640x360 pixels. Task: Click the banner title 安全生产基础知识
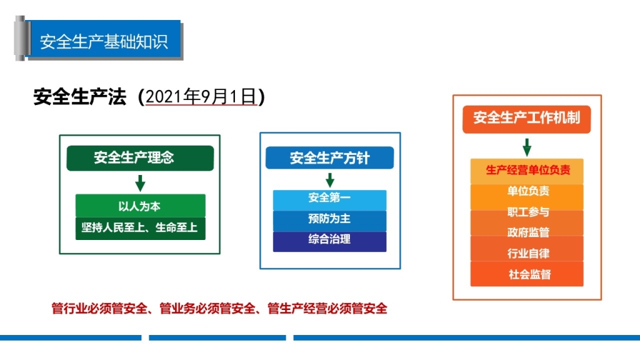point(104,42)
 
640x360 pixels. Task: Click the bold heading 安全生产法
point(79,97)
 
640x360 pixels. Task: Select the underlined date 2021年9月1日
point(201,97)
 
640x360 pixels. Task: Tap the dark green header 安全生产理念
point(140,158)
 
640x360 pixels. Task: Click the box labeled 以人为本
point(141,206)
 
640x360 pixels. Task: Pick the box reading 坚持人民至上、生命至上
point(141,228)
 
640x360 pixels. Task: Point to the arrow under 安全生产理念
point(140,183)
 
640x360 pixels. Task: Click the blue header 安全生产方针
point(330,158)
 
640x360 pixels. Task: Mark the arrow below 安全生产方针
point(330,180)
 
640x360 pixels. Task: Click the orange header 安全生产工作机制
point(526,119)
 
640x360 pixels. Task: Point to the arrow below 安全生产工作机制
point(527,147)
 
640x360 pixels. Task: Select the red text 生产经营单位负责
point(527,170)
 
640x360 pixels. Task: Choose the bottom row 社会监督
point(527,274)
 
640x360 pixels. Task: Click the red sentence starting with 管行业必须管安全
point(219,309)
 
